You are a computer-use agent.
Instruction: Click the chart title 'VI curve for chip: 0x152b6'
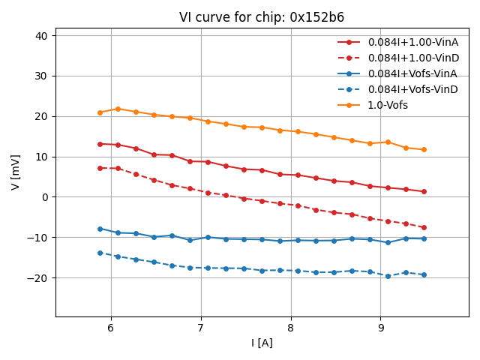[262, 17]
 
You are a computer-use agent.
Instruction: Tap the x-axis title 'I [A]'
[262, 343]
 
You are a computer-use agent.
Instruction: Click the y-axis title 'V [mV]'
[16, 172]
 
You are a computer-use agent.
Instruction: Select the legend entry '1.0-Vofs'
[388, 105]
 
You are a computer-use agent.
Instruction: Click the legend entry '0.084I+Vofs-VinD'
[412, 89]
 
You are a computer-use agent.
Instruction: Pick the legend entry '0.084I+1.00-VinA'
[412, 42]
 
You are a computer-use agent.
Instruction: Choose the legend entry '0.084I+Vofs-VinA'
[412, 73]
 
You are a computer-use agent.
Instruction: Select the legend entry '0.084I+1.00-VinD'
[412, 58]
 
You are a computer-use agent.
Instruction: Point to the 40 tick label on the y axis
[40, 36]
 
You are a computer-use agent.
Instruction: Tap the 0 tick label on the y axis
[44, 197]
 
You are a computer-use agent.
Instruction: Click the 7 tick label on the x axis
[200, 328]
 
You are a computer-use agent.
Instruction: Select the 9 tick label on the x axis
[380, 328]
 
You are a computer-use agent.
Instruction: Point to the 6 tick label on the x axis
[111, 328]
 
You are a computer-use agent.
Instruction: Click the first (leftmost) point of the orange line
[100, 112]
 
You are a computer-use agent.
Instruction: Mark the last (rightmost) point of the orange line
[424, 150]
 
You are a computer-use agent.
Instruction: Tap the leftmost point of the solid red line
[100, 144]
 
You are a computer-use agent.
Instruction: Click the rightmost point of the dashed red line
[424, 227]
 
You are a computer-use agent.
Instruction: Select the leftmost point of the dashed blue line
[100, 253]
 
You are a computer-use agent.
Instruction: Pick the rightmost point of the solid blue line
[424, 238]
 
